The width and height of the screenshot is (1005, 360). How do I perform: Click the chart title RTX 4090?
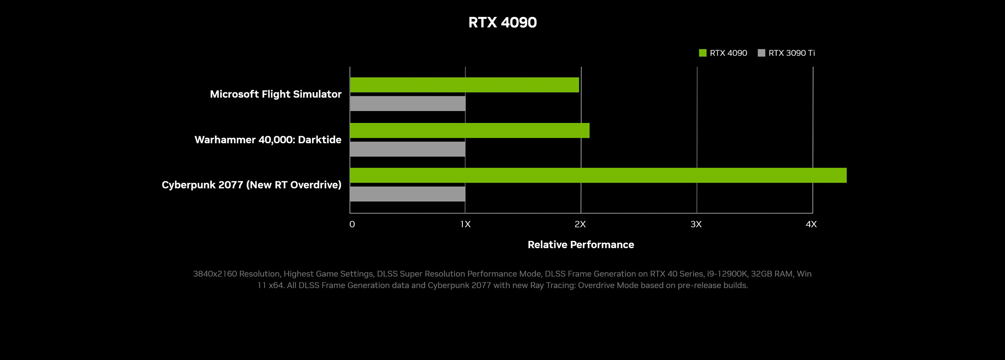click(x=502, y=22)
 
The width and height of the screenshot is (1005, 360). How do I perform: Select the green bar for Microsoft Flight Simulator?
click(x=464, y=85)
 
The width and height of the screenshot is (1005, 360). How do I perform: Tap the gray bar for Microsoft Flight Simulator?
click(x=407, y=104)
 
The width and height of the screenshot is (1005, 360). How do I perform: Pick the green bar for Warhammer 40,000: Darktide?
click(x=470, y=130)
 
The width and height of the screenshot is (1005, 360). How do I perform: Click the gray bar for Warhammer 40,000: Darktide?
click(x=407, y=149)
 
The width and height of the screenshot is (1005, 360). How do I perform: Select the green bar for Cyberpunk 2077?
click(x=598, y=175)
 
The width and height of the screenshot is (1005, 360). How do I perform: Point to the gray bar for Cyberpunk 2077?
click(x=407, y=194)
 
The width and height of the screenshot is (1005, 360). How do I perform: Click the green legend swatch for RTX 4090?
click(x=703, y=53)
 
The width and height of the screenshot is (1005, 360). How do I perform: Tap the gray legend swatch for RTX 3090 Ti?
click(x=761, y=53)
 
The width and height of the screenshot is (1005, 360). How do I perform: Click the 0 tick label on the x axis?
click(x=352, y=224)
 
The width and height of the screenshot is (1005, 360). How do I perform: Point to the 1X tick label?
click(x=465, y=224)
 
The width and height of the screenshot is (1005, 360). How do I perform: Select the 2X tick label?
click(x=580, y=224)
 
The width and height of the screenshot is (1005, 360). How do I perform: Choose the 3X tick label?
click(x=696, y=224)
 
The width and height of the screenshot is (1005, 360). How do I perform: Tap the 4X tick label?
click(x=811, y=224)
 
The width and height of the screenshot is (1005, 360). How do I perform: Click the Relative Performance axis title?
click(x=581, y=245)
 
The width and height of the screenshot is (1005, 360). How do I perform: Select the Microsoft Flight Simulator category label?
click(x=276, y=94)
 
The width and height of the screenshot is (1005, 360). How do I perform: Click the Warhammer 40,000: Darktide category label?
click(x=268, y=140)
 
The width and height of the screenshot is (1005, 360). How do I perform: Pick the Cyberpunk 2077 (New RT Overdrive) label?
click(x=251, y=185)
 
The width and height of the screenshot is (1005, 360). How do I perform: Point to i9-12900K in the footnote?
click(x=726, y=274)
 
